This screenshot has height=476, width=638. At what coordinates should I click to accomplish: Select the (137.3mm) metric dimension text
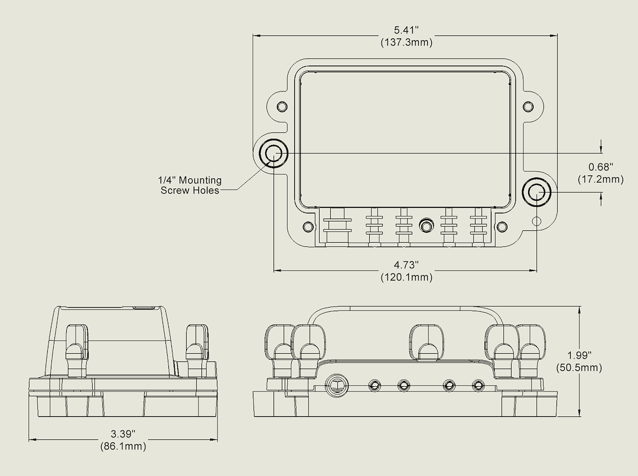tap(406, 43)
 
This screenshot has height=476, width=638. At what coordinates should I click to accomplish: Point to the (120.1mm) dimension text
tap(406, 277)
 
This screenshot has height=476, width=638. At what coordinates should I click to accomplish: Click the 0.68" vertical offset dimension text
tap(600, 167)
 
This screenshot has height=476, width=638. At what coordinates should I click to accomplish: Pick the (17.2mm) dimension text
tap(600, 179)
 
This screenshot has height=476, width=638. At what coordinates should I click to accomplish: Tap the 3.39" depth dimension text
tap(123, 435)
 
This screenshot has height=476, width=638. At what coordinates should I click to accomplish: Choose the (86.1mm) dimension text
tap(123, 446)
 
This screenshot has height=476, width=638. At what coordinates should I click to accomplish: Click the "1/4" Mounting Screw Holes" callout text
tap(190, 185)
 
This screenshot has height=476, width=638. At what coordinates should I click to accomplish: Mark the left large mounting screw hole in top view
tap(273, 154)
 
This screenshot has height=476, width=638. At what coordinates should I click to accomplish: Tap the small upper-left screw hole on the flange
tap(282, 107)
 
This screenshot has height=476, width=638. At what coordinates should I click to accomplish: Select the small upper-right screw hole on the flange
tap(528, 107)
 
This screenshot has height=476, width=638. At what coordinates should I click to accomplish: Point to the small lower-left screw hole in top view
tap(308, 227)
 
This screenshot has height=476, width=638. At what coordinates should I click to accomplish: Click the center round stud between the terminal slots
tap(425, 226)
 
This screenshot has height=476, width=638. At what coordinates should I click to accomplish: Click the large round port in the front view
tap(337, 385)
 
